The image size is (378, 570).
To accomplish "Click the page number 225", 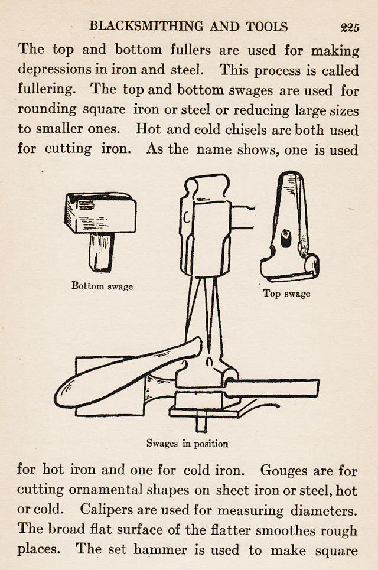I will pyautogui.click(x=350, y=27).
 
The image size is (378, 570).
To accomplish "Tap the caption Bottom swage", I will pyautogui.click(x=102, y=286).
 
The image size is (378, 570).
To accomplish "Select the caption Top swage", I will pyautogui.click(x=286, y=294).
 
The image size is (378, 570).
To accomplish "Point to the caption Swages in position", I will pyautogui.click(x=187, y=443).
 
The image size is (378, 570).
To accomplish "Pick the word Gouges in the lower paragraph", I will pyautogui.click(x=288, y=470).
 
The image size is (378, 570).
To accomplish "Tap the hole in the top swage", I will pyautogui.click(x=286, y=235).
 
